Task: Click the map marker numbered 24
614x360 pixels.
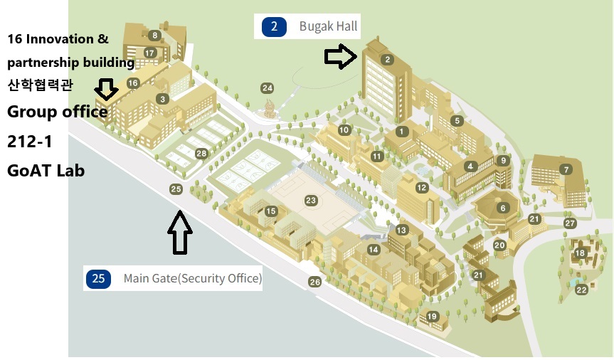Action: (x=267, y=88)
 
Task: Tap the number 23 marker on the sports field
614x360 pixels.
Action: (x=311, y=201)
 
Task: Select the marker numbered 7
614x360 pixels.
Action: (x=566, y=169)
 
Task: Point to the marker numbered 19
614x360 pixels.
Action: (x=432, y=317)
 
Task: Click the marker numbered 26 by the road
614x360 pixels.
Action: (x=315, y=282)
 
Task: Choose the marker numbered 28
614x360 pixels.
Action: (x=201, y=154)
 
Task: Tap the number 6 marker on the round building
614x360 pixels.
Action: (x=503, y=208)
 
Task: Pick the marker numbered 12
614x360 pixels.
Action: (x=422, y=188)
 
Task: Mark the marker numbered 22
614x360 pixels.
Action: (x=582, y=290)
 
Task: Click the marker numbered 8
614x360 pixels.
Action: (x=154, y=35)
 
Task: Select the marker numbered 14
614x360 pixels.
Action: (x=374, y=249)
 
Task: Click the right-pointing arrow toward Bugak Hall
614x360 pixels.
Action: (x=341, y=58)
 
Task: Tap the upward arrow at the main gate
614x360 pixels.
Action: (x=181, y=233)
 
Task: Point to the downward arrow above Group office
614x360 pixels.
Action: (x=107, y=89)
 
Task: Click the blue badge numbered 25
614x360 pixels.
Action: (x=98, y=278)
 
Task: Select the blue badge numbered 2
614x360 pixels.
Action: (x=274, y=27)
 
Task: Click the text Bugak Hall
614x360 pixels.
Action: (x=328, y=28)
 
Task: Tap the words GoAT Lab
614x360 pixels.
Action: (x=46, y=171)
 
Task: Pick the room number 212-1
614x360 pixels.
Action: (x=30, y=141)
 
